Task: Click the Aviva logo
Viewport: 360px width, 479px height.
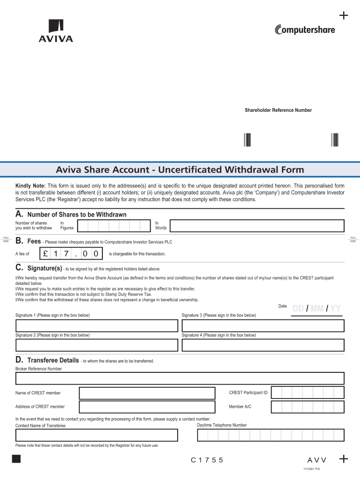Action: click(56, 31)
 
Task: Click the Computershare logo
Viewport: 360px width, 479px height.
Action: click(304, 29)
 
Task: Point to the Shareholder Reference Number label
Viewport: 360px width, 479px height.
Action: click(278, 110)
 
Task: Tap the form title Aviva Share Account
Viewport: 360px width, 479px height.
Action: click(180, 169)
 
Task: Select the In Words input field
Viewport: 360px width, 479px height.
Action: click(257, 226)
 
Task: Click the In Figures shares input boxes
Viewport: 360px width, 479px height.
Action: click(114, 226)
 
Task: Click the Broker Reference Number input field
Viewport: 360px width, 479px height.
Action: click(180, 378)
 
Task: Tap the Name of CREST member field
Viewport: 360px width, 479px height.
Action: click(147, 393)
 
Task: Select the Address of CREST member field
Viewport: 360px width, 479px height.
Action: click(147, 407)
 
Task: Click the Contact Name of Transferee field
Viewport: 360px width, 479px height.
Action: click(97, 435)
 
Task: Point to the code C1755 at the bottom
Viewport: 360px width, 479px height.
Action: click(207, 460)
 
